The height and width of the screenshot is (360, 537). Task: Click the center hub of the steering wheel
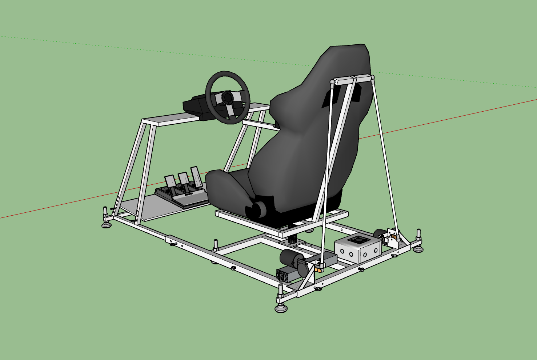[x=227, y=97]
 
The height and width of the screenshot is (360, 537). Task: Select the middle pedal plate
[x=183, y=178]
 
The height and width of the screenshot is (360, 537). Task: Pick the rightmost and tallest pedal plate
[x=196, y=174]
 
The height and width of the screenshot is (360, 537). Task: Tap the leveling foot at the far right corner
[x=418, y=248]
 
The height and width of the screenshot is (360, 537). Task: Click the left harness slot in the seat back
[x=329, y=98]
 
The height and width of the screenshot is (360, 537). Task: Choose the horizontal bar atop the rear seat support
[x=353, y=80]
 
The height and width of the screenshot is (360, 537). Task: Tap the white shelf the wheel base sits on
[x=171, y=118]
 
